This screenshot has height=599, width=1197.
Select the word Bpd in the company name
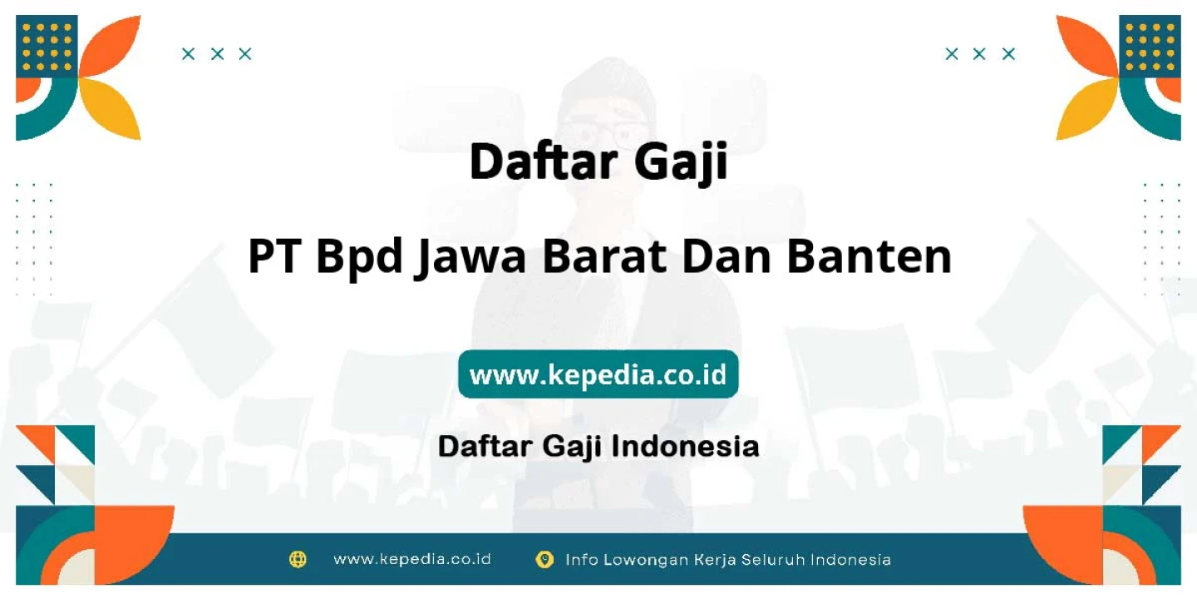tap(358, 258)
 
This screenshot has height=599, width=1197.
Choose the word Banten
tap(869, 256)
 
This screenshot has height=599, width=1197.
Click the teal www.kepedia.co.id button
tap(598, 374)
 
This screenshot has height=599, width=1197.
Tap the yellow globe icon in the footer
tap(298, 559)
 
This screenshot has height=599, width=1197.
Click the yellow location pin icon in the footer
tap(544, 559)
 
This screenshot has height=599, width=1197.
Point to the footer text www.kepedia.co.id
tap(412, 559)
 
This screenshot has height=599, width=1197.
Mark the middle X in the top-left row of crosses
tap(217, 54)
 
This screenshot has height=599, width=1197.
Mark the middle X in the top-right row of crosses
tap(979, 54)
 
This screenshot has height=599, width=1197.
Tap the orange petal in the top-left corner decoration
tap(113, 46)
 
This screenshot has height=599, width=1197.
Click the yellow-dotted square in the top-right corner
tap(1150, 46)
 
